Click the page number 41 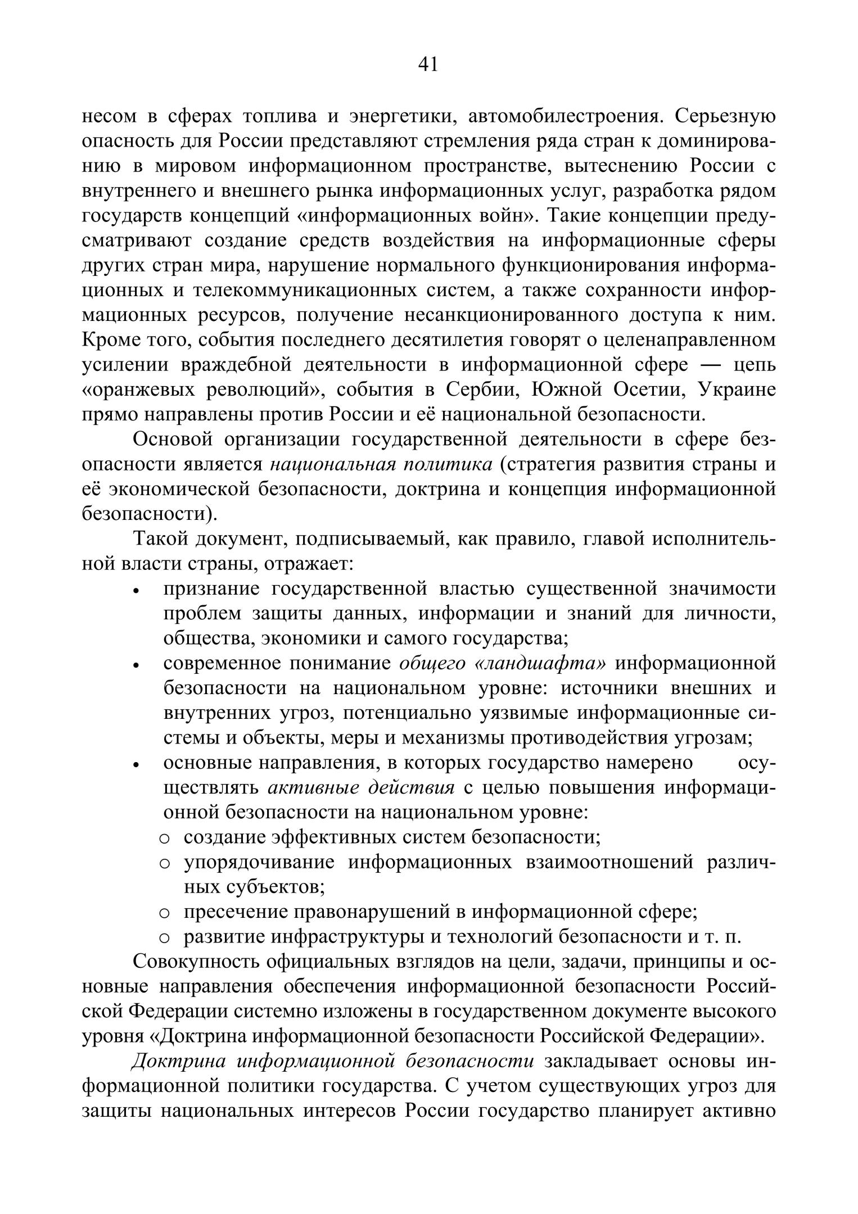click(428, 65)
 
